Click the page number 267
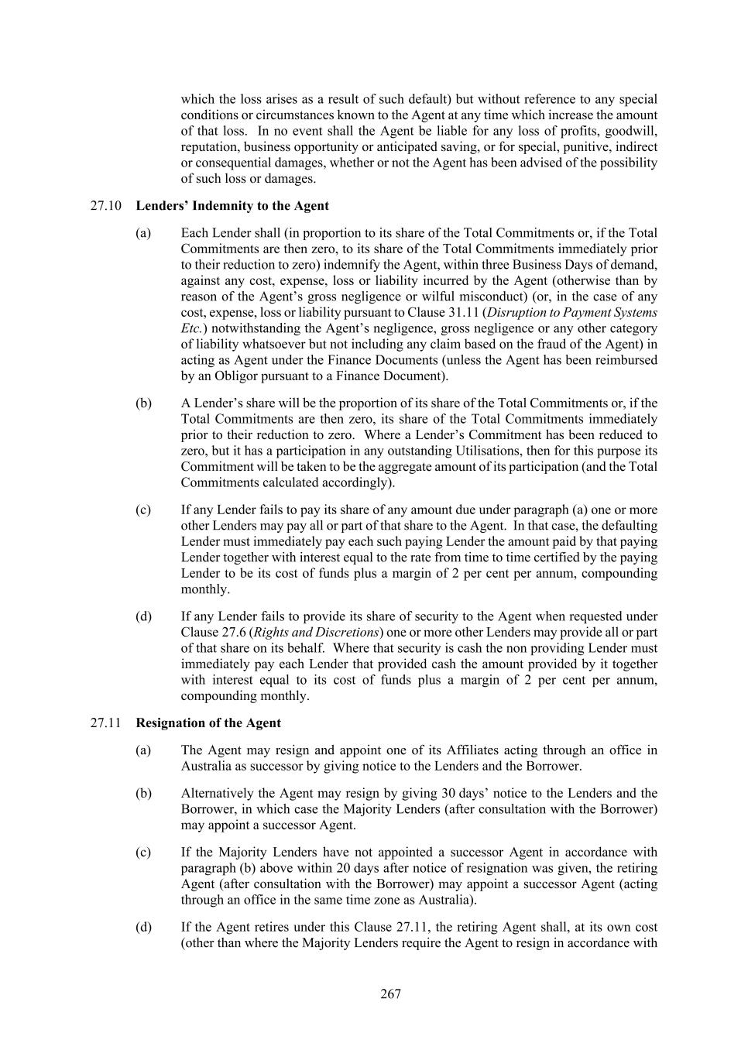[x=390, y=994]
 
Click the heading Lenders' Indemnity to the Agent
[x=232, y=206]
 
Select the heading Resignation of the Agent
[x=208, y=723]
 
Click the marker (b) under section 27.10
[x=143, y=403]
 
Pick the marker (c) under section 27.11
[x=143, y=853]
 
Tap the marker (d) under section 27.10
[x=143, y=617]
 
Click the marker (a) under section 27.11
[x=143, y=750]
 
